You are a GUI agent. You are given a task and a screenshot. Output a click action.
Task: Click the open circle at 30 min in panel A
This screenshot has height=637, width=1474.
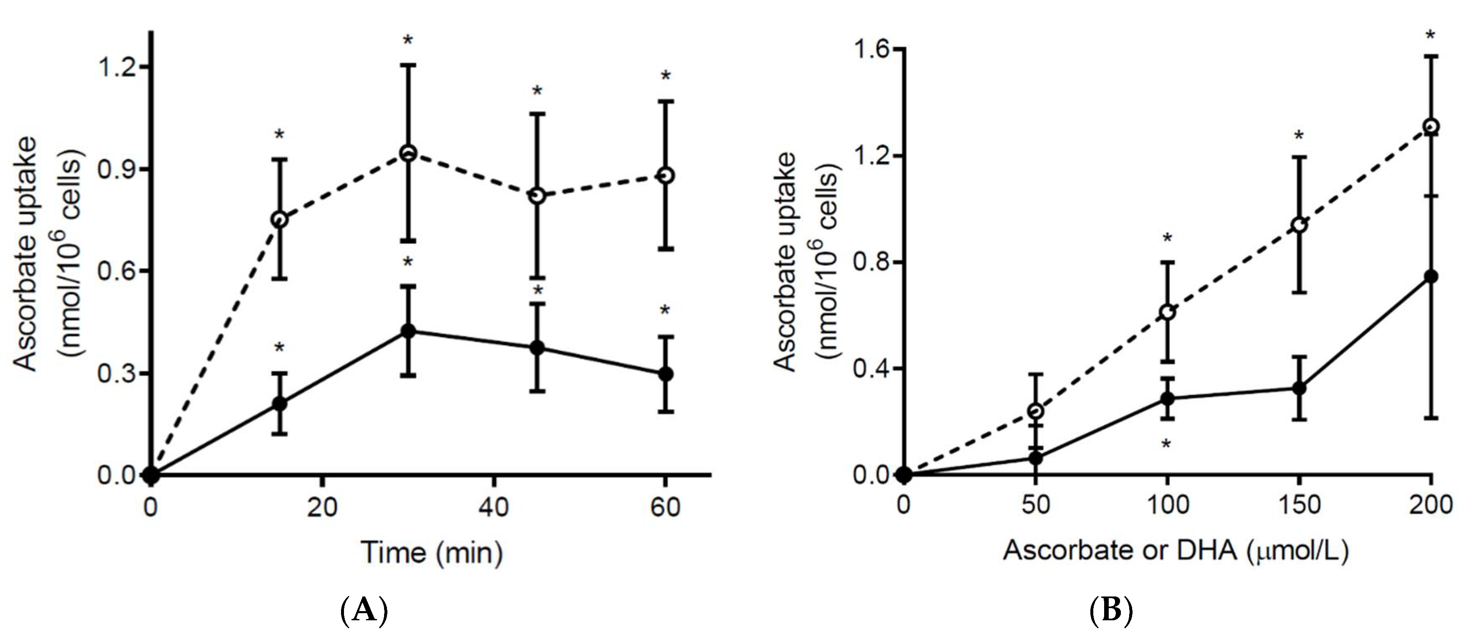tap(408, 153)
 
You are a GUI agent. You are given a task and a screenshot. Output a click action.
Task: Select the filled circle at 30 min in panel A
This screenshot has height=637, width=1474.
tap(408, 331)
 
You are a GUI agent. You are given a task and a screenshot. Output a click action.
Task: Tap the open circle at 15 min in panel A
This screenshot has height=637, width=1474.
tap(279, 219)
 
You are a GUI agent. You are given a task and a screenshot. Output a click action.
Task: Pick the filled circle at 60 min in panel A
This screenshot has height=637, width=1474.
tap(665, 374)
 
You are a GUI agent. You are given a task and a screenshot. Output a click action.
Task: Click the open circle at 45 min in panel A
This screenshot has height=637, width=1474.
tap(537, 196)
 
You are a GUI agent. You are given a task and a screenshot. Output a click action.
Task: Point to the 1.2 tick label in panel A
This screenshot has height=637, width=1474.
tap(117, 67)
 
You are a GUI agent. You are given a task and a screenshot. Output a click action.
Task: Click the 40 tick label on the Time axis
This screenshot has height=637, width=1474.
tap(493, 507)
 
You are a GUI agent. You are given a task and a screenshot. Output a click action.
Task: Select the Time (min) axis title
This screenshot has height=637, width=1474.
tap(432, 553)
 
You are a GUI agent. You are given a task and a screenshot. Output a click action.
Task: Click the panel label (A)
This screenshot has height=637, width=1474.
tap(364, 611)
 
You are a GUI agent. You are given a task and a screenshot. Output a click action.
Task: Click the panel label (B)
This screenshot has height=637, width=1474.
tap(1111, 611)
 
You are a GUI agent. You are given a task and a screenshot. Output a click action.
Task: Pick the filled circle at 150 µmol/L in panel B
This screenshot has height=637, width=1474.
tap(1300, 388)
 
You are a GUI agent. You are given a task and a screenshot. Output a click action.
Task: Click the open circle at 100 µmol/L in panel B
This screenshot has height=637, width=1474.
tap(1167, 312)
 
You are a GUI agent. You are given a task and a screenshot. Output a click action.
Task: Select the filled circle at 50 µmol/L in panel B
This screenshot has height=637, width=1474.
tap(1035, 458)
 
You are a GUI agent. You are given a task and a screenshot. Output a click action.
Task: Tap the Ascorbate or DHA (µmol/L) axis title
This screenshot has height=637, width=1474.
tap(1176, 551)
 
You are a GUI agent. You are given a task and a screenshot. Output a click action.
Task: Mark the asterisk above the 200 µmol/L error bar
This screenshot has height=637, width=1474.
tap(1430, 36)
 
